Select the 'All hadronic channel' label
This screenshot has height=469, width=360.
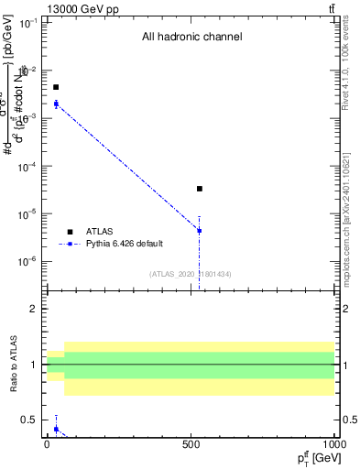pos(191,38)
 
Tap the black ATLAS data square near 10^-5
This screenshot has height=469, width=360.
pos(200,189)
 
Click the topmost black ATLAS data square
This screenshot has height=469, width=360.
pos(56,87)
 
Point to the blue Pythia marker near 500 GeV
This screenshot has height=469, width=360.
pos(200,231)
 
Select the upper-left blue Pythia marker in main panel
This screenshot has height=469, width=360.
pos(56,104)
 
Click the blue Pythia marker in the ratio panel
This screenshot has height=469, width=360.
pos(56,429)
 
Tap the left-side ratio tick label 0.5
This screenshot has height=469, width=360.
pos(31,420)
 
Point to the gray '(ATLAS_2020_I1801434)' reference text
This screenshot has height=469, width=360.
pos(191,274)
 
